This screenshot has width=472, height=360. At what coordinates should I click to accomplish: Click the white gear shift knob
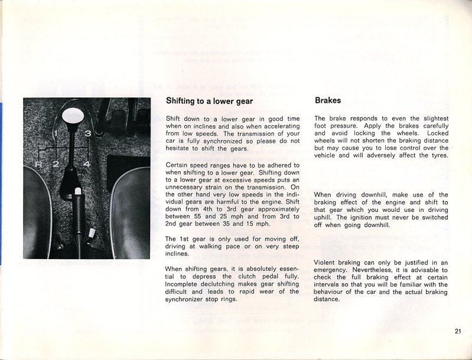click(72, 114)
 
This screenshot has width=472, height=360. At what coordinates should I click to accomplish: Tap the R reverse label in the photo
click(38, 163)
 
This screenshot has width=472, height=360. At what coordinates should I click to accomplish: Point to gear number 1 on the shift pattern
click(56, 135)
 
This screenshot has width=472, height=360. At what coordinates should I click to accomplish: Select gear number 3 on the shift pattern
click(87, 135)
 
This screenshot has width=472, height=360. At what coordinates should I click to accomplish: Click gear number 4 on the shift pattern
click(86, 163)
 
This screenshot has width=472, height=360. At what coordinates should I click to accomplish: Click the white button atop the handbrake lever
click(78, 191)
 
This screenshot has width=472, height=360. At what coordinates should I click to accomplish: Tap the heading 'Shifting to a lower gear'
click(209, 101)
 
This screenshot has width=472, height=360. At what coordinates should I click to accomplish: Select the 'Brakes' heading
click(328, 100)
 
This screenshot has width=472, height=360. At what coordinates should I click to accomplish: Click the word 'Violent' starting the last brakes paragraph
click(327, 262)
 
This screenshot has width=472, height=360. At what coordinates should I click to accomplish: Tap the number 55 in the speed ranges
click(242, 218)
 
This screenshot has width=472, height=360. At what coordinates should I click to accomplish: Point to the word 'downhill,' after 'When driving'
click(377, 195)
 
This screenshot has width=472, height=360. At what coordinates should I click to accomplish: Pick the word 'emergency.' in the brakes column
click(334, 270)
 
